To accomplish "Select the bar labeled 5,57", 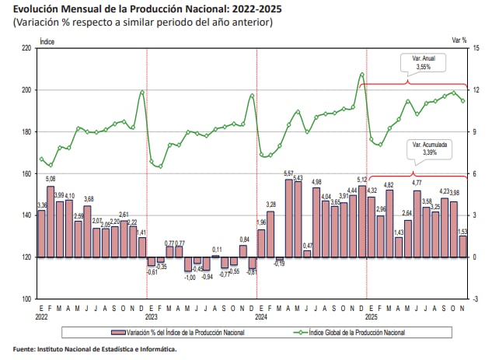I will point(288,218).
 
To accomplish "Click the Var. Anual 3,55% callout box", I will point(423,63).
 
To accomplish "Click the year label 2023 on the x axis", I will point(151,316).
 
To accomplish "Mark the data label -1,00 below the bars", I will point(189,277).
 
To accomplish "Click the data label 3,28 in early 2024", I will point(270,205).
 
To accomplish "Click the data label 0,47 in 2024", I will point(308,246).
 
